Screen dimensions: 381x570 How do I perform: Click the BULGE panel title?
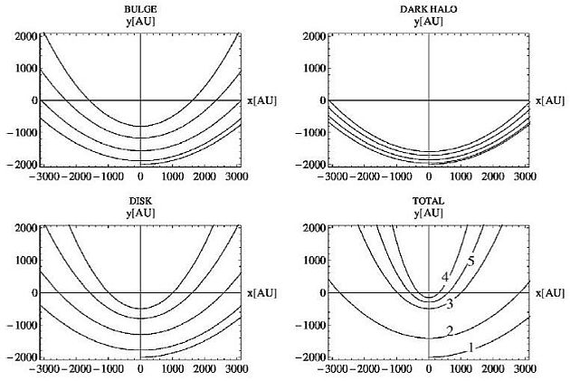coord(141,7)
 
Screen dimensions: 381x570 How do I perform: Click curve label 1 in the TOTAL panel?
coord(471,348)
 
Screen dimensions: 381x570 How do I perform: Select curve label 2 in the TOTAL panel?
coord(450,330)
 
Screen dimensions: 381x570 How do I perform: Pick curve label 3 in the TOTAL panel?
coord(450,303)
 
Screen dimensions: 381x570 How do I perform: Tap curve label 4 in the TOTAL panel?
coord(445,277)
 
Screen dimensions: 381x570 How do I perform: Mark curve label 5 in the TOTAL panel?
coord(471,262)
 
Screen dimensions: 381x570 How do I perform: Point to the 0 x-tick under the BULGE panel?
coord(141,176)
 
